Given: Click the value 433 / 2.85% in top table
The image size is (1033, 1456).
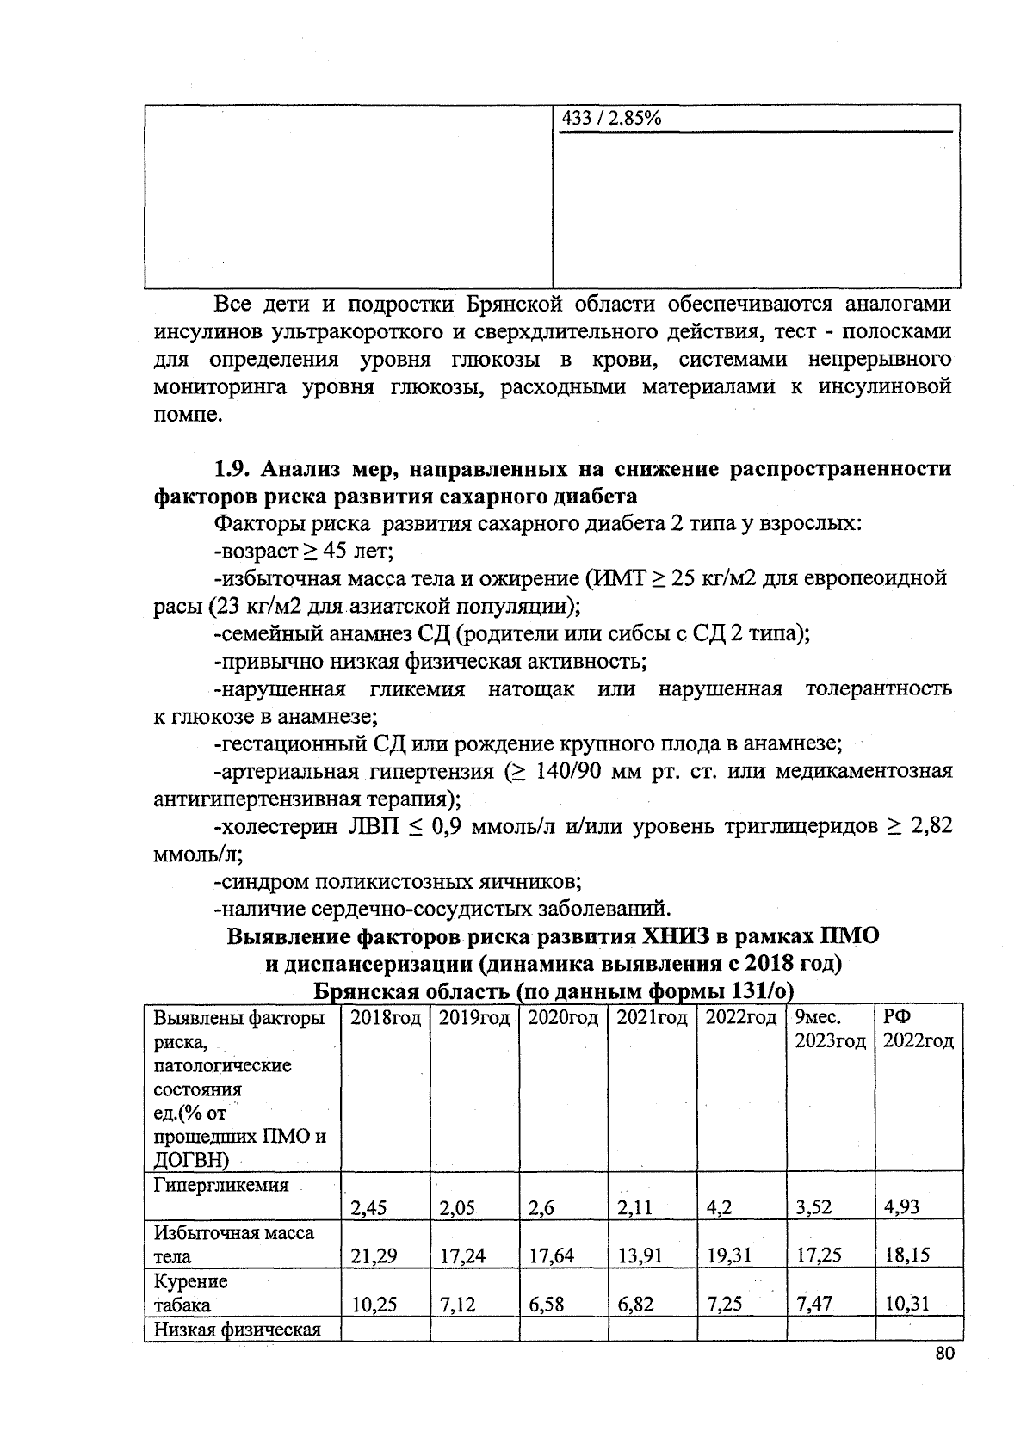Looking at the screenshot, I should [x=611, y=119].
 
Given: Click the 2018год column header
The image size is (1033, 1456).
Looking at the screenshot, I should [x=386, y=1018].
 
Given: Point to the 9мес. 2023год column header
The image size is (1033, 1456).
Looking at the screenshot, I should [x=829, y=1029].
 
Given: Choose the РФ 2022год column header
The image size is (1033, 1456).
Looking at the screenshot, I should [x=918, y=1029].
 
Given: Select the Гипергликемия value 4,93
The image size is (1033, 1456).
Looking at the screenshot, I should [x=901, y=1207].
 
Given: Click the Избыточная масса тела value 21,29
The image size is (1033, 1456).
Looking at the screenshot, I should [x=374, y=1255].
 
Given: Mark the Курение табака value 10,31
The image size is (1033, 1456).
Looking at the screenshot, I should [x=907, y=1305].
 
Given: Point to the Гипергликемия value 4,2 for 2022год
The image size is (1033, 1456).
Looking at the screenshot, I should [x=719, y=1207].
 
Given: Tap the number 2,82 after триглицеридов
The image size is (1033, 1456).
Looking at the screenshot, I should [x=931, y=827].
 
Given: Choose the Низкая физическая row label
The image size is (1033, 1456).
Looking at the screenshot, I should [x=237, y=1330].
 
